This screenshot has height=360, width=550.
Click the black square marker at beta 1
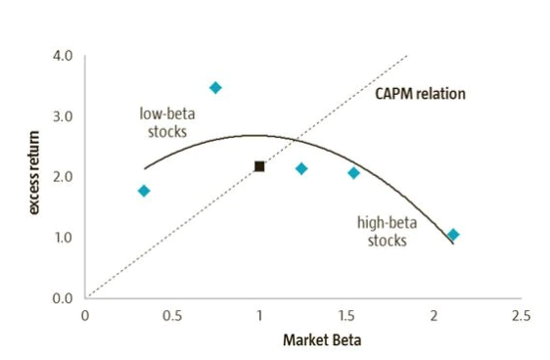pos(259,166)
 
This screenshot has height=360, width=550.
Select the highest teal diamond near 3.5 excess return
pos(215,88)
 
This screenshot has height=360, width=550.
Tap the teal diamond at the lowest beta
pos(144,191)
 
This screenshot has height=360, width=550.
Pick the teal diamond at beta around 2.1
pos(453,235)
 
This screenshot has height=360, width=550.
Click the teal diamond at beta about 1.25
pos(301,169)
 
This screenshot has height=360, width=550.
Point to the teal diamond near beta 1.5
pos(353,173)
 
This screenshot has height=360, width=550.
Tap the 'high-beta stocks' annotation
pos(387,232)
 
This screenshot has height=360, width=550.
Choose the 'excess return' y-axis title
pos(35,176)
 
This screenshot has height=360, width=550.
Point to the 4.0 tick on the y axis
pos(63,56)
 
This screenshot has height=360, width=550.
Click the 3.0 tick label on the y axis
pos(63,116)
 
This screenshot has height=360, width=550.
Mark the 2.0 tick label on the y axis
pos(63,177)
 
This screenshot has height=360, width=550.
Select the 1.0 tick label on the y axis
pos(63,238)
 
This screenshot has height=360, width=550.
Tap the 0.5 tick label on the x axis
pos(172,316)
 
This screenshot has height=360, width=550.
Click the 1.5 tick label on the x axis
pos(346,316)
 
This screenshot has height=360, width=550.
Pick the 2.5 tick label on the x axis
pos(521,316)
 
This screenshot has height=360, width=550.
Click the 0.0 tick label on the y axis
pos(63,297)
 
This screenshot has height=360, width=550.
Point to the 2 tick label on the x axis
pos(435,316)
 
